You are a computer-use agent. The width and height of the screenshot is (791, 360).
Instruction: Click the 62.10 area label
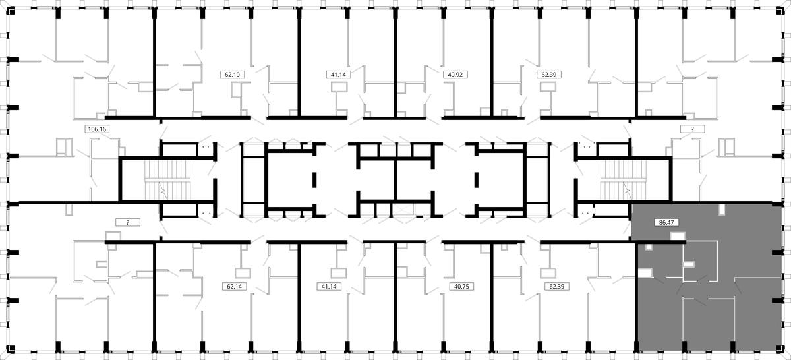(x=232, y=75)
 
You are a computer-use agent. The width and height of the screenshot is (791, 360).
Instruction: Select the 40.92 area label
(x=455, y=75)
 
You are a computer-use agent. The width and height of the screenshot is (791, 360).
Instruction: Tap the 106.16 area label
(x=97, y=129)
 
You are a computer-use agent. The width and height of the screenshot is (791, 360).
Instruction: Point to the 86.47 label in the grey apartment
(x=666, y=222)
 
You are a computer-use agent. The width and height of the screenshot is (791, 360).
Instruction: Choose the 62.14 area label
(x=234, y=287)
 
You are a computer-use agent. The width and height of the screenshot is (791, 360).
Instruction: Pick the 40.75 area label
(x=461, y=287)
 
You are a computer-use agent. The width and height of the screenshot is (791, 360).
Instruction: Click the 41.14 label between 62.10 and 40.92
(x=338, y=75)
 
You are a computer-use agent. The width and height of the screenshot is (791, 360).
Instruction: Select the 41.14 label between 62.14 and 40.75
(x=329, y=287)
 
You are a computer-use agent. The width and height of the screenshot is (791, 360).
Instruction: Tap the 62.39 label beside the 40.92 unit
(x=548, y=75)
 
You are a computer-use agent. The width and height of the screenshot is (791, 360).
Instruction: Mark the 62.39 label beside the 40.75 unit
(x=557, y=287)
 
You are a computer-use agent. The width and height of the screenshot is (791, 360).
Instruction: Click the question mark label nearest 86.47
(x=693, y=129)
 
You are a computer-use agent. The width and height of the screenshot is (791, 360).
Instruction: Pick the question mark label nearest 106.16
(x=128, y=222)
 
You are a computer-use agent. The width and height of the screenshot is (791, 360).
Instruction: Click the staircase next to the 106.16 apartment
(x=167, y=180)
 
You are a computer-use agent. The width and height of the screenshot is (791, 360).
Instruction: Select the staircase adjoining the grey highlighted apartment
(x=624, y=180)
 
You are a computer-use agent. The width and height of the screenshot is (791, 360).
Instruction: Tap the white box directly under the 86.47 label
(x=678, y=235)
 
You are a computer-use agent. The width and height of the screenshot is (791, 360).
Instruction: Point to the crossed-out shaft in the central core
(x=403, y=210)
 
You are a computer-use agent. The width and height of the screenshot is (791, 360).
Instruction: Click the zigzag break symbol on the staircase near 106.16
(x=163, y=191)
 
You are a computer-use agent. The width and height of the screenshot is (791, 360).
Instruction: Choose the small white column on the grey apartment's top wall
(x=722, y=210)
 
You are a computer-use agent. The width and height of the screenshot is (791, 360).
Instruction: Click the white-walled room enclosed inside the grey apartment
(x=700, y=261)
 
